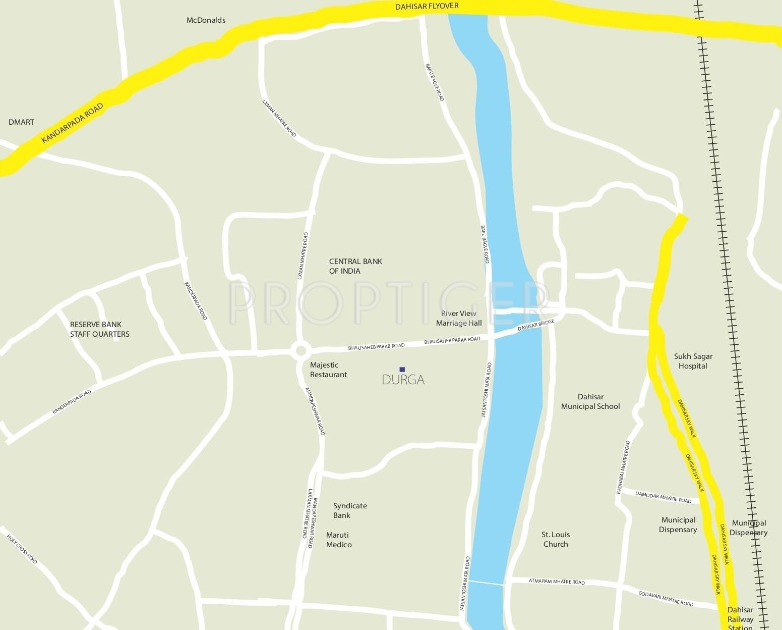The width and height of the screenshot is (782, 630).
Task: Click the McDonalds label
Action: [x=206, y=20]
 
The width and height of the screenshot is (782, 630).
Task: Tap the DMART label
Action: [x=22, y=122]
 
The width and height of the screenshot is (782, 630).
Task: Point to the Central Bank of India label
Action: [x=355, y=266]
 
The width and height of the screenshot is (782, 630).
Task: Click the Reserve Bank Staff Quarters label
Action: [x=99, y=329]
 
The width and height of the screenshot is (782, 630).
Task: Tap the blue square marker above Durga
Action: [x=402, y=369]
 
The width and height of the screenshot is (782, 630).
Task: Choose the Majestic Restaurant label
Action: [x=328, y=370]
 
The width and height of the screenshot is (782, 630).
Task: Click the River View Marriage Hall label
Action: [x=459, y=318]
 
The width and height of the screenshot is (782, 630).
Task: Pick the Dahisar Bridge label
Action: [x=535, y=325]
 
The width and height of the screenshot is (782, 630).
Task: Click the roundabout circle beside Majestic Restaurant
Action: [x=301, y=350]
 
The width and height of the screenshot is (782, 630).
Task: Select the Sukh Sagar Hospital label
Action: [x=693, y=361]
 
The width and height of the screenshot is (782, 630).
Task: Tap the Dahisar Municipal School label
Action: [x=590, y=401]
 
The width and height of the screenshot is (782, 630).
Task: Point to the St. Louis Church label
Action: [x=555, y=539]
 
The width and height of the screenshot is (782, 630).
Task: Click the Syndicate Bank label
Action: [x=350, y=510]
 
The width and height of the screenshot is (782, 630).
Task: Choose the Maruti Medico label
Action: [x=339, y=540]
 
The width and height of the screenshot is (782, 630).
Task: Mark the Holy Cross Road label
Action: [x=22, y=549]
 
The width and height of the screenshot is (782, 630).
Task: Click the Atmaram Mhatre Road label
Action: [x=557, y=582]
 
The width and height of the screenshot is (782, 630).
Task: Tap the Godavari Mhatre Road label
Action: [x=666, y=598]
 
